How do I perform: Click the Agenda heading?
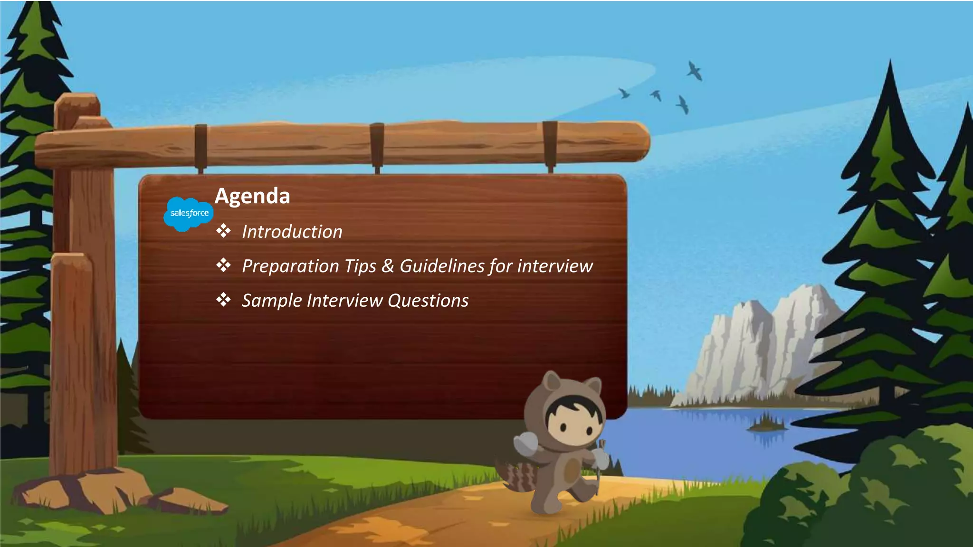tap(252, 196)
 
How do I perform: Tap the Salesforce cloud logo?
tap(189, 214)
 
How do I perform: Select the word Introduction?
tap(292, 232)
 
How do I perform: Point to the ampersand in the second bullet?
tap(388, 266)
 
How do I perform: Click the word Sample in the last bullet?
tap(271, 301)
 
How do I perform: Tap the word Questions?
tap(428, 301)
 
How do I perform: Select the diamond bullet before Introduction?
tap(223, 231)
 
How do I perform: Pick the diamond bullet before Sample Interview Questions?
tap(223, 300)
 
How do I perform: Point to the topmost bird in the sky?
tap(695, 71)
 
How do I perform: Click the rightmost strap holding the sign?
tap(550, 145)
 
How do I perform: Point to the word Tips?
tap(361, 266)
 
